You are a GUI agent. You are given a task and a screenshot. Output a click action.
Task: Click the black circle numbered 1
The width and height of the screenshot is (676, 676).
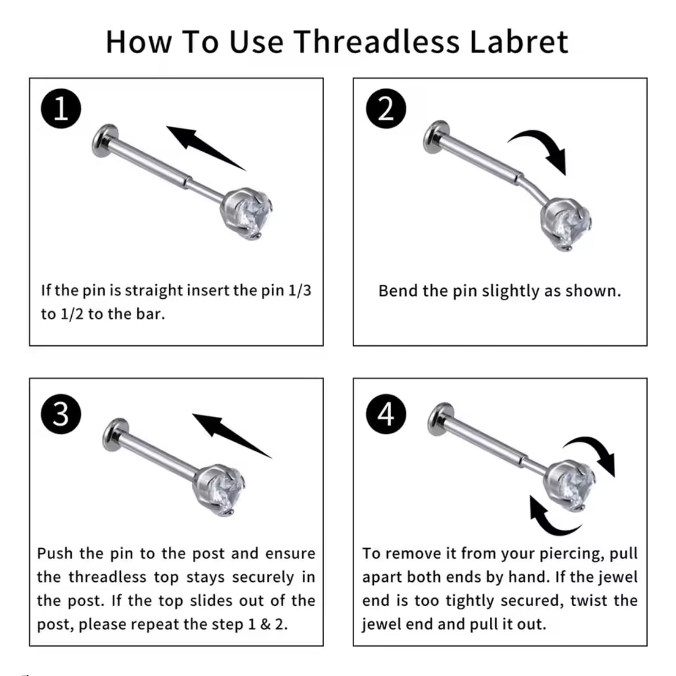click(61, 108)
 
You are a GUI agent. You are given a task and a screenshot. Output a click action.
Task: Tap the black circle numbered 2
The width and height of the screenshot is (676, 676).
click(386, 108)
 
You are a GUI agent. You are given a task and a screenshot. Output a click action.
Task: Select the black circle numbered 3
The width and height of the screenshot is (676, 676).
click(61, 414)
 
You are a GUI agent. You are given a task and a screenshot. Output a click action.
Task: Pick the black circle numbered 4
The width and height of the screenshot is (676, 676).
click(386, 414)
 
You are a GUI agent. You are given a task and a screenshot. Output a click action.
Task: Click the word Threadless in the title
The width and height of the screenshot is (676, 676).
click(377, 41)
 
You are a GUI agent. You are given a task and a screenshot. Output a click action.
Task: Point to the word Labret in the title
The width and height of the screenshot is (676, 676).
click(519, 41)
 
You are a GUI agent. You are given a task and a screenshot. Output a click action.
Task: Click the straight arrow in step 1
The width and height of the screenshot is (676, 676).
click(206, 148)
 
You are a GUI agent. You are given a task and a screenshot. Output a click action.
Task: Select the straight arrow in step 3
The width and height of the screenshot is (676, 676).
click(232, 436)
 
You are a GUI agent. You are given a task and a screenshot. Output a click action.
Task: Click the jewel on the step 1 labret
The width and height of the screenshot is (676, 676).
click(247, 214)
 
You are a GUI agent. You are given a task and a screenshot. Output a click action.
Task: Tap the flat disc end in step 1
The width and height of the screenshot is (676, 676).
click(104, 141)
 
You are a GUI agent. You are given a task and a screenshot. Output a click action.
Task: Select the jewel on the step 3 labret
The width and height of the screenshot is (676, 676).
click(219, 490)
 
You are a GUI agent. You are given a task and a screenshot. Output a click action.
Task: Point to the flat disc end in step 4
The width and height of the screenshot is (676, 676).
click(441, 419)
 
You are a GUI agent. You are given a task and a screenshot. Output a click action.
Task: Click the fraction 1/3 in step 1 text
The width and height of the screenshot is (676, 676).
click(299, 291)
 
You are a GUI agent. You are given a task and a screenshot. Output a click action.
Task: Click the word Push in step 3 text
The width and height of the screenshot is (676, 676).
click(55, 554)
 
